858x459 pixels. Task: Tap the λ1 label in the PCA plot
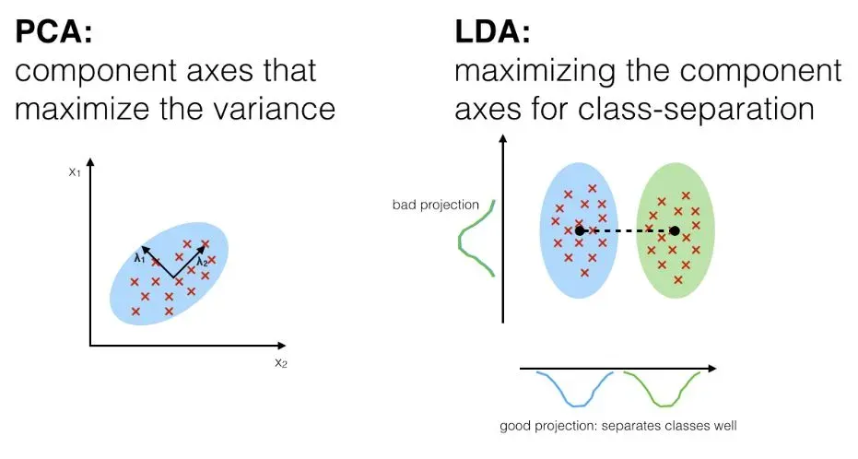pos(140,258)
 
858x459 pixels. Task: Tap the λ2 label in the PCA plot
pos(203,262)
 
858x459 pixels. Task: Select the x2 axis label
pos(280,362)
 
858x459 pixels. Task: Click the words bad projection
pos(436,204)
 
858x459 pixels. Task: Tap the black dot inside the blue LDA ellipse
pos(579,230)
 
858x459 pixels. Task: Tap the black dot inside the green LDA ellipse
pos(675,230)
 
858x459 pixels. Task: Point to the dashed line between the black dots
pos(627,230)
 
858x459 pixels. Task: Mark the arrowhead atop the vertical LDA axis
pos(503,141)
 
